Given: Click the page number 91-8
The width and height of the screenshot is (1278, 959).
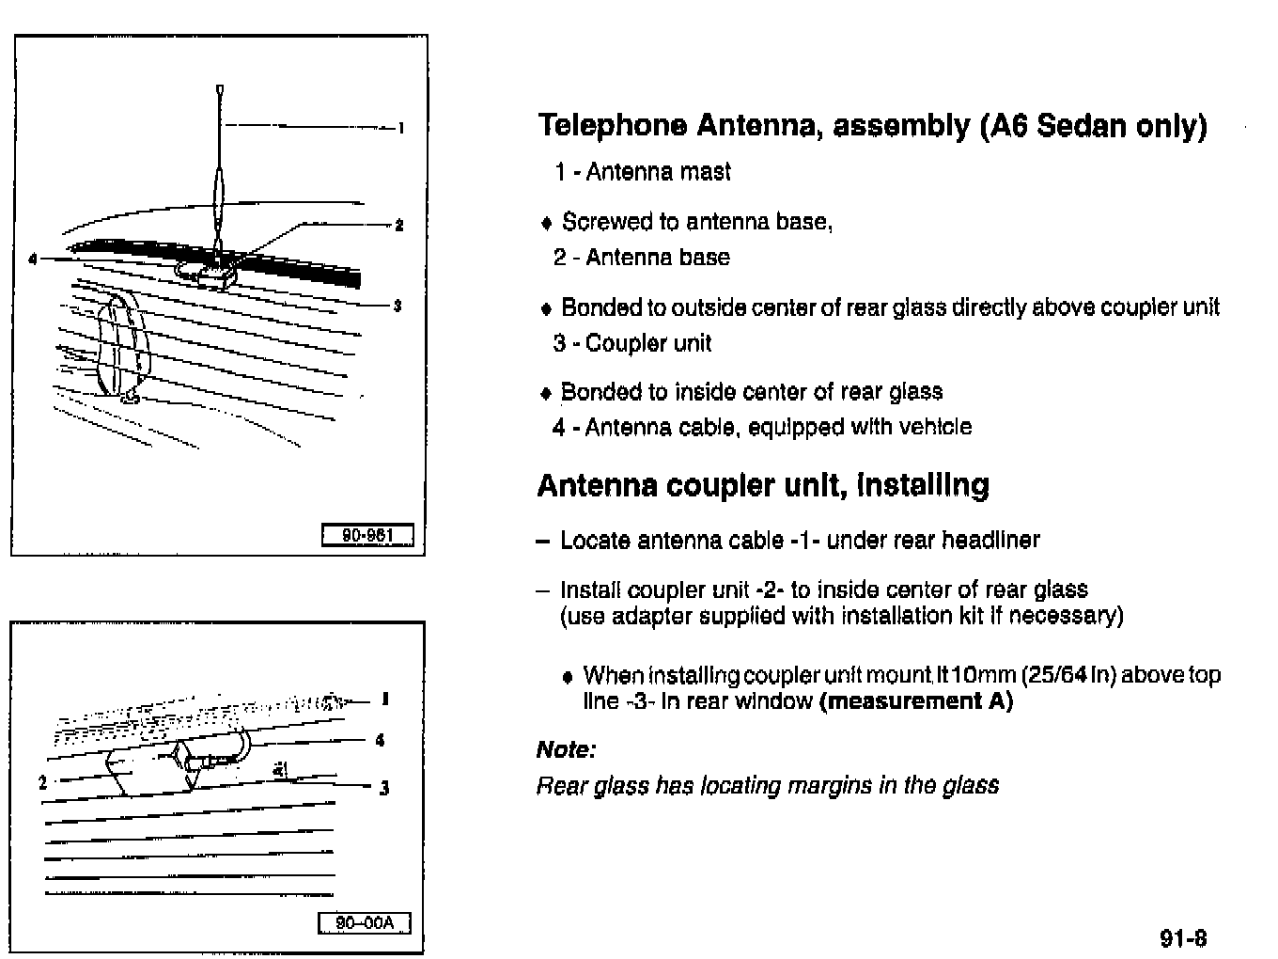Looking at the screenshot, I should [x=1183, y=937].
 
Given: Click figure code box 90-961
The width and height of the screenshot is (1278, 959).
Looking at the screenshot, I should [x=366, y=536].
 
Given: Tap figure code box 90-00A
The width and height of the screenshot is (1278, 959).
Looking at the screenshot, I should [x=365, y=923].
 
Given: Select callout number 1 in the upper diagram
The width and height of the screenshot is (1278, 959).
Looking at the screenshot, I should [x=401, y=128].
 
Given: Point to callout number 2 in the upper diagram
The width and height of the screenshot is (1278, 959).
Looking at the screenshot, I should [x=399, y=225].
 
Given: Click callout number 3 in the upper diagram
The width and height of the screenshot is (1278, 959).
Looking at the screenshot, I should [x=397, y=306].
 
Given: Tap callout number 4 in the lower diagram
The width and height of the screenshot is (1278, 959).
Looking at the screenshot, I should [x=380, y=740].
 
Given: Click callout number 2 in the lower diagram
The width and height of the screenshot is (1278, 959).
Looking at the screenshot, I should [x=43, y=780].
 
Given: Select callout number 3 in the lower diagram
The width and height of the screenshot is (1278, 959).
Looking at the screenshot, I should [x=383, y=788].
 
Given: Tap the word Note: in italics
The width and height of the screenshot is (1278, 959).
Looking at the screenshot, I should [x=566, y=749].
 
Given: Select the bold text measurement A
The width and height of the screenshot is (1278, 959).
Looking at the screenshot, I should [x=916, y=701].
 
